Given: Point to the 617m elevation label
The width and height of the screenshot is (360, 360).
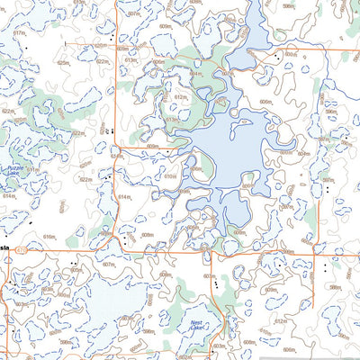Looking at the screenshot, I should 19,32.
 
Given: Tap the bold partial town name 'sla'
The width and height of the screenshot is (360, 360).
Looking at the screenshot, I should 4,246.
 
